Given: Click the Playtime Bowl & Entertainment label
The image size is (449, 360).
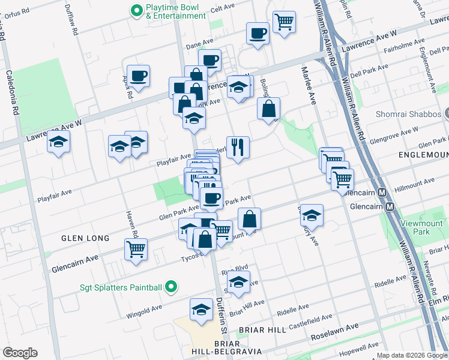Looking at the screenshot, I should [x=175, y=11].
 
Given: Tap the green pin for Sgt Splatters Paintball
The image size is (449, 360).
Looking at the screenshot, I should [x=172, y=287].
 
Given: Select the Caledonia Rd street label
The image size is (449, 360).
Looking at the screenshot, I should [x=12, y=94].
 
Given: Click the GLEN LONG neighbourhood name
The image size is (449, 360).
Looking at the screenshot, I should [x=85, y=238].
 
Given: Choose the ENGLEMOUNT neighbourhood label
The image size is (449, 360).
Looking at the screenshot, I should [x=424, y=155].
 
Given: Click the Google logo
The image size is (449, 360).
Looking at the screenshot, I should [x=19, y=353].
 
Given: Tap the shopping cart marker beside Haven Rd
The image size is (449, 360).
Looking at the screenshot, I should [x=136, y=248].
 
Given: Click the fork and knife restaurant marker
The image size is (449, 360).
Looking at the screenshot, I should [x=238, y=146].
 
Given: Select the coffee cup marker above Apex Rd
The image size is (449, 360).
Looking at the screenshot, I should [x=138, y=76].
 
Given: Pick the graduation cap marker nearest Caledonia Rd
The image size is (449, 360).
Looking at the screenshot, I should [x=58, y=142].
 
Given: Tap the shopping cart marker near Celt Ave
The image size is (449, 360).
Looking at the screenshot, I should [x=284, y=22].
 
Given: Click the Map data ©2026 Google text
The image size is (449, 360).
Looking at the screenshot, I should [x=410, y=355].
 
